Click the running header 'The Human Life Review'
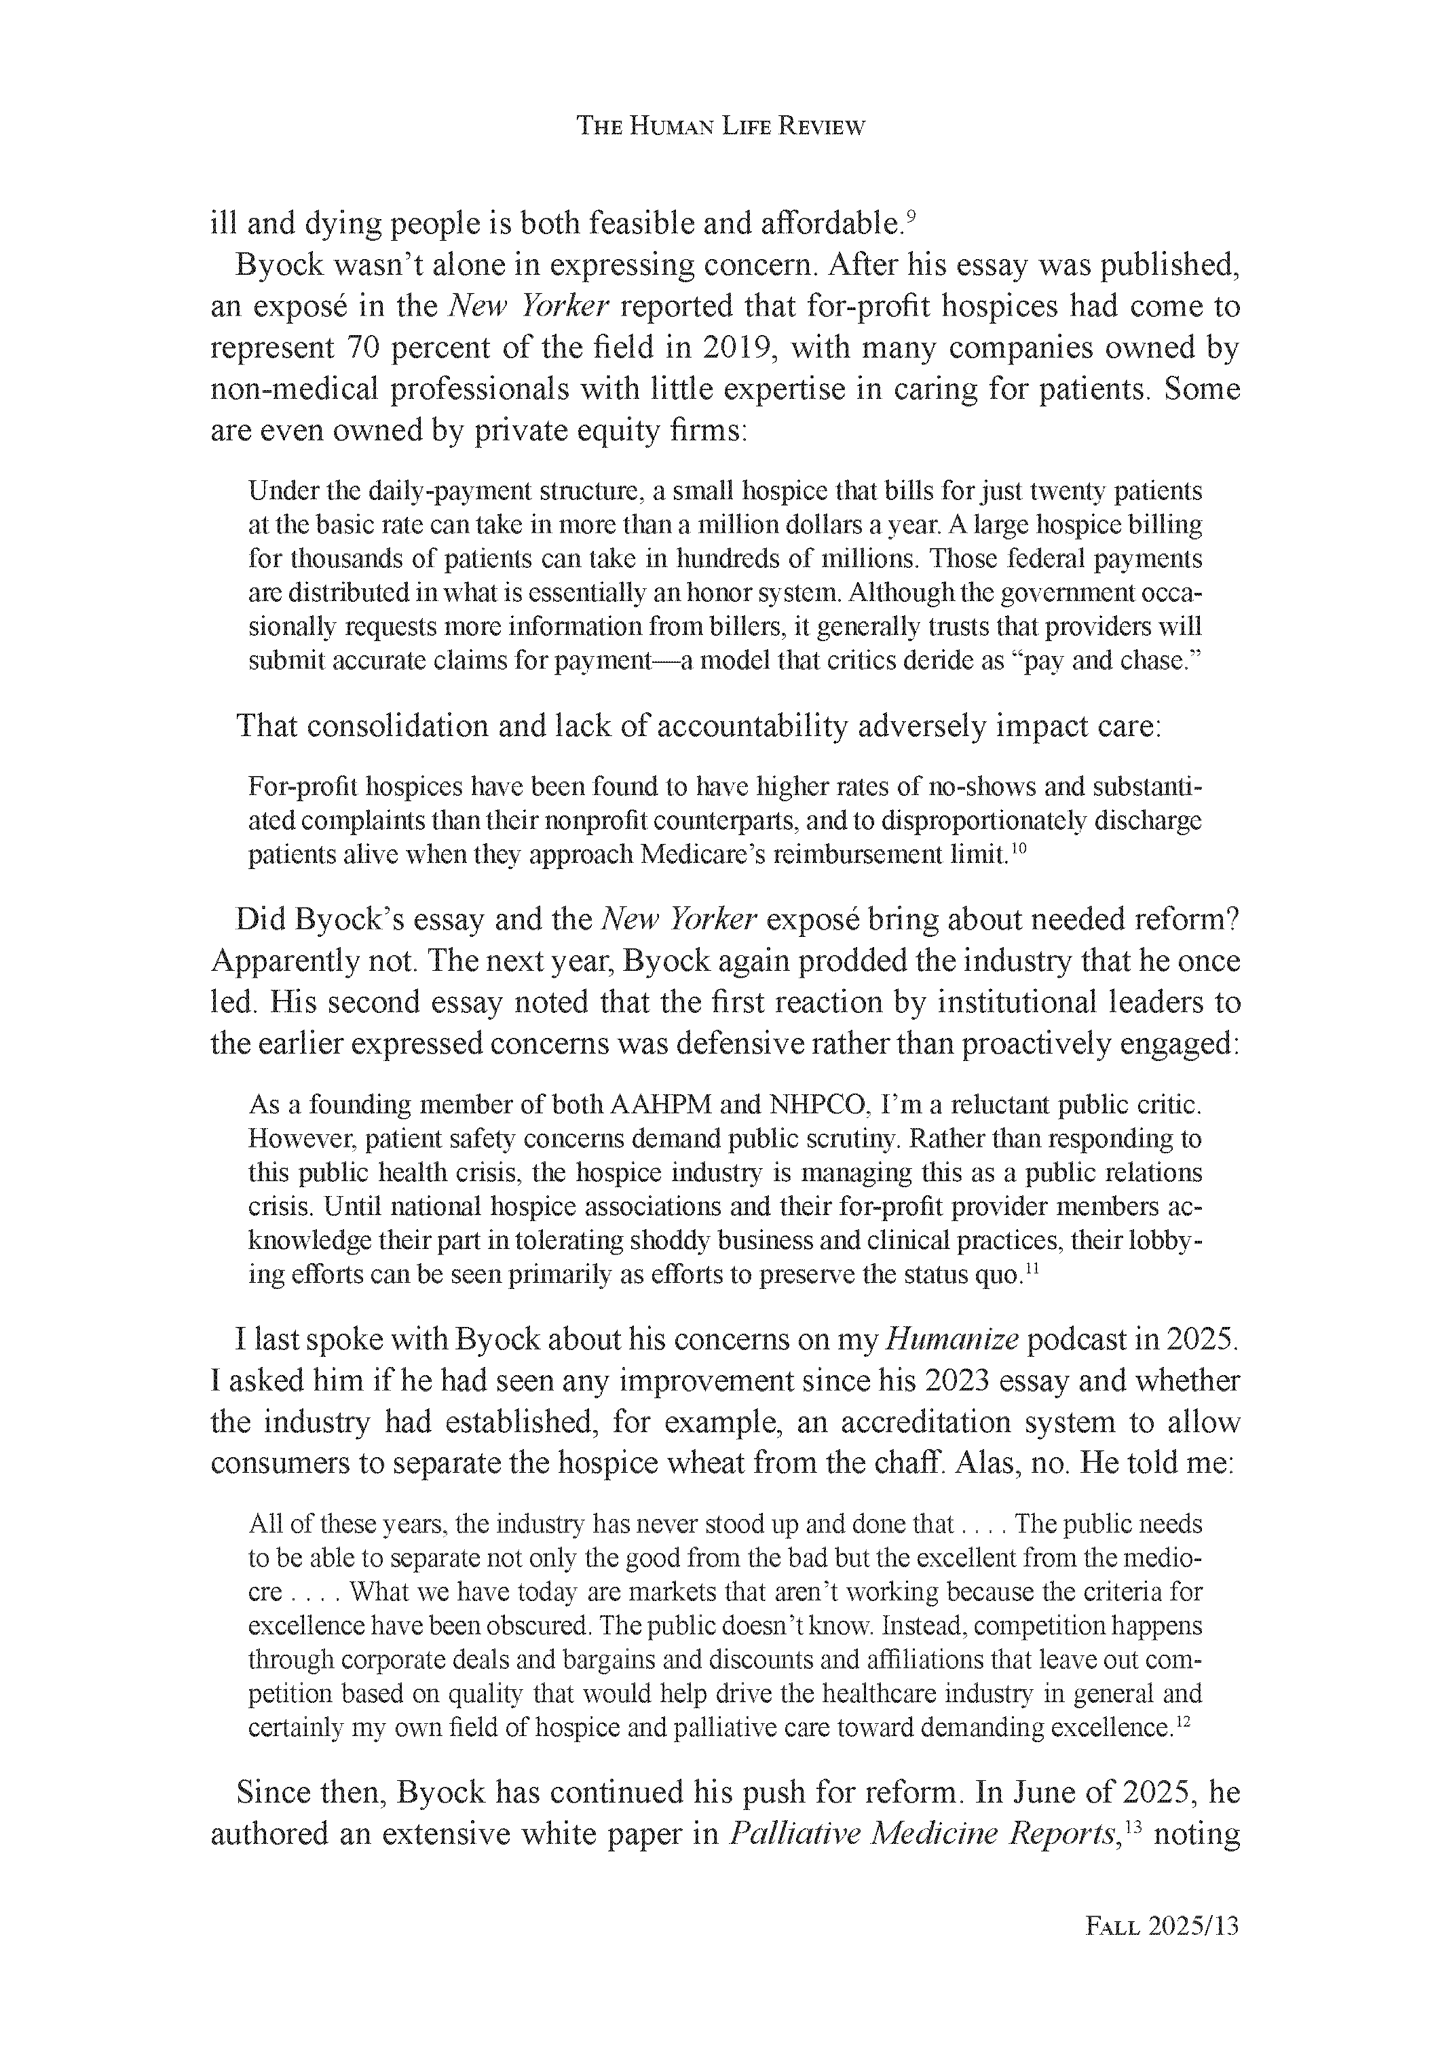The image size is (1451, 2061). [720, 127]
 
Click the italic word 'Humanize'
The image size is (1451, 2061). [951, 1339]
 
